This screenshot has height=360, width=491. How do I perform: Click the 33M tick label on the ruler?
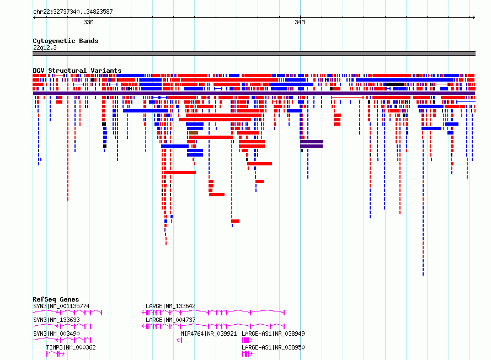(88, 22)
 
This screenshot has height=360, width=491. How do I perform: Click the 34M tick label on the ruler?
(300, 22)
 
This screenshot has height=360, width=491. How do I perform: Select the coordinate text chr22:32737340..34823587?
(73, 12)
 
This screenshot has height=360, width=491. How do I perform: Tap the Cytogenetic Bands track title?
(66, 41)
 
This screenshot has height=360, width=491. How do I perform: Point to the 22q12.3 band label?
(45, 47)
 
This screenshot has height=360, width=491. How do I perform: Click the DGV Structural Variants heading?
(77, 71)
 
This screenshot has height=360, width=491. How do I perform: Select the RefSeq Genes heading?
(56, 299)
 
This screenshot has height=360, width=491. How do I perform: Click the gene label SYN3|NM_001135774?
(61, 306)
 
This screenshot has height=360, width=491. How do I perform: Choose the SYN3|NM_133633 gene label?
(56, 320)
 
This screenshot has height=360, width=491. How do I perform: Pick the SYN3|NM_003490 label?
(56, 334)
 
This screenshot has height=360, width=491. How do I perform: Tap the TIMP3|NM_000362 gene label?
(71, 347)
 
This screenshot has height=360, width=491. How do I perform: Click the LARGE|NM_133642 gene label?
(170, 306)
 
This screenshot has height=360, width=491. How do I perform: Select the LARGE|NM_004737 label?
(170, 320)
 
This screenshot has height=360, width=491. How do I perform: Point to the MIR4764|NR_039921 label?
(209, 334)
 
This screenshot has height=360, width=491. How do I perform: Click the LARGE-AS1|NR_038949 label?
(273, 334)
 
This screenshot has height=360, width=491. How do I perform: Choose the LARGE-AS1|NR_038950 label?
(273, 347)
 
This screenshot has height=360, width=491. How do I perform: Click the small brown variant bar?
(193, 133)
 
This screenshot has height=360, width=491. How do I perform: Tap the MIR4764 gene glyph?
(179, 340)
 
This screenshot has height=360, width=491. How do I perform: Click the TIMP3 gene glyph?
(55, 354)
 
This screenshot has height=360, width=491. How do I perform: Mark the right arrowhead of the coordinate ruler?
(474, 18)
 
